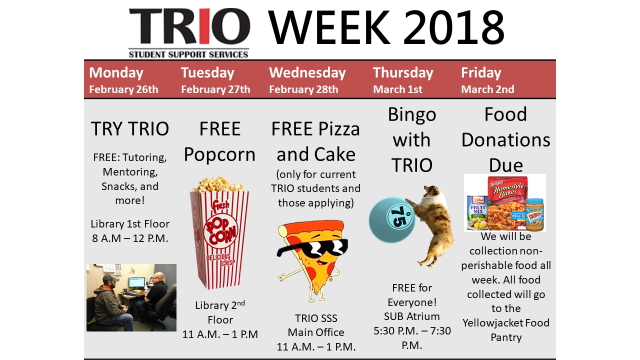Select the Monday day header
(116, 72)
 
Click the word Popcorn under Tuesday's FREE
(219, 155)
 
